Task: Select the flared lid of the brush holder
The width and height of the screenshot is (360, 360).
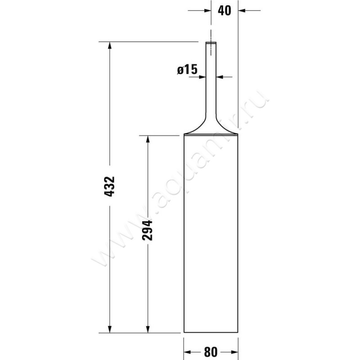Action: [211, 130]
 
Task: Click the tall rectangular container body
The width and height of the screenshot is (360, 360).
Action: [211, 234]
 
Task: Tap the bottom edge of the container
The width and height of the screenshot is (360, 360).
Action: [211, 333]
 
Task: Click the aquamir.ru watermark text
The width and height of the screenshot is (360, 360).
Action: [180, 180]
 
